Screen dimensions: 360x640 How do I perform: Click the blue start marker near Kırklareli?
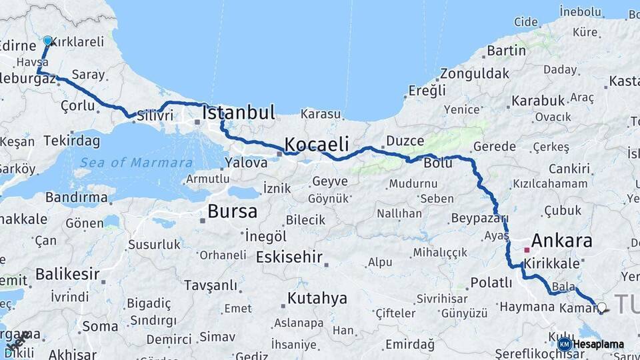coord(47,40)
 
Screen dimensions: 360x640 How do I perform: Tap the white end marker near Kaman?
coord(602,307)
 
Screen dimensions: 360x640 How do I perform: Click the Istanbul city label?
coord(239,112)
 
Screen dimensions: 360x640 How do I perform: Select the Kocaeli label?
coord(317,144)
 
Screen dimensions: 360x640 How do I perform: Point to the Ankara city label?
coord(561,241)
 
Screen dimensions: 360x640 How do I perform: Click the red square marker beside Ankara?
coord(527,250)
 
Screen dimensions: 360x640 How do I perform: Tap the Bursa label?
coord(232,211)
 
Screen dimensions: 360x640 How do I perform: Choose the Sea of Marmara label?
coord(136,162)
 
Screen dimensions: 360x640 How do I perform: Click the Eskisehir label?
coord(289,257)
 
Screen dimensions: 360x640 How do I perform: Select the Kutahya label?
coord(317,297)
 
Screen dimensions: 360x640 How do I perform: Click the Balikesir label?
coord(67,273)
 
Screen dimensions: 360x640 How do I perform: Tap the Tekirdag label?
coord(72,141)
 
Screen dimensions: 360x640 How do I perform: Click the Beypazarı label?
coord(480,218)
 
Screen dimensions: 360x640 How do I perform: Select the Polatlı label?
coord(491,282)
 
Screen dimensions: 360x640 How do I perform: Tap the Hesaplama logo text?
coord(599,344)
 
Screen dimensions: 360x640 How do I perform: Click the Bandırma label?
coord(77,197)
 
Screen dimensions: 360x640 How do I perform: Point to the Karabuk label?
coord(538,101)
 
